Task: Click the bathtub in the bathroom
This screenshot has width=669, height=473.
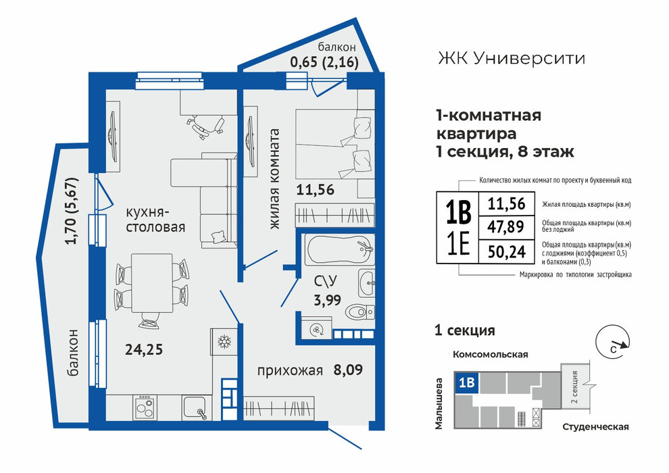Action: coord(340,249)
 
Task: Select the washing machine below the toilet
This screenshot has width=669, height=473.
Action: coord(316,329)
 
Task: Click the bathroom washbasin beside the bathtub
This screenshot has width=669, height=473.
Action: coord(367,282)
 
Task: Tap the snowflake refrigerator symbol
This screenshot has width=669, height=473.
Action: coord(224,342)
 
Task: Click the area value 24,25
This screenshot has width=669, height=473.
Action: coord(144,350)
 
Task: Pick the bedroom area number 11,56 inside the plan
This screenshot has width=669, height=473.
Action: coord(316,190)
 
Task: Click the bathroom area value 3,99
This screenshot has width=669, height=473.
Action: coord(327,300)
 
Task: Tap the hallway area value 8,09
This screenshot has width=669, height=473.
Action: coord(348,370)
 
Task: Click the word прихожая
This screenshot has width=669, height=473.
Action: coord(290,371)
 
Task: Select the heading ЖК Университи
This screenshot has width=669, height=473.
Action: coord(511,58)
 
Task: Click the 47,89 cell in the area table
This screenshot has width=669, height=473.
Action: coord(506,226)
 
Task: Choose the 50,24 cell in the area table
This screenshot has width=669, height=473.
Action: coord(506,251)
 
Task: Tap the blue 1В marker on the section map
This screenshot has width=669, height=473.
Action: coord(467,382)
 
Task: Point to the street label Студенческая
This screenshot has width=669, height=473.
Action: coord(595,426)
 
